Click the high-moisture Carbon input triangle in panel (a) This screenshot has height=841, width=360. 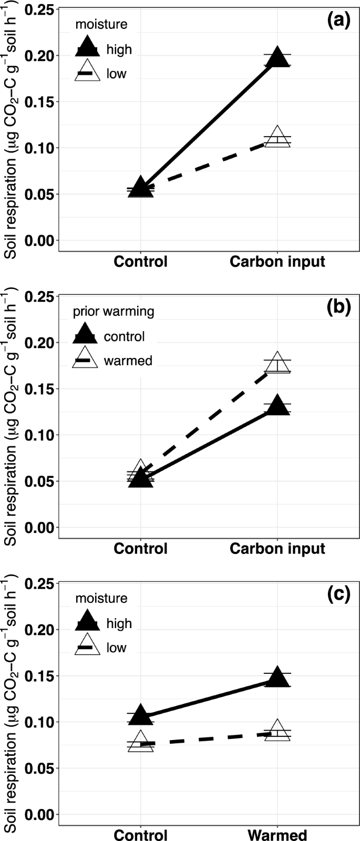click(277, 58)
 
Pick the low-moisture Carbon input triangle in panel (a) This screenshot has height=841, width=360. click(277, 138)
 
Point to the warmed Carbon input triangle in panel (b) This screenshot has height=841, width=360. click(277, 363)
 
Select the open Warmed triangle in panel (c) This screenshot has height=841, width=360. click(277, 731)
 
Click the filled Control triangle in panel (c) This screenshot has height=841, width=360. click(140, 715)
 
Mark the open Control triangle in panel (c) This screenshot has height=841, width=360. click(140, 742)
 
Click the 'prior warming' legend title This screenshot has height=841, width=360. click(114, 311)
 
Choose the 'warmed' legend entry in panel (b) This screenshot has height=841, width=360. click(128, 361)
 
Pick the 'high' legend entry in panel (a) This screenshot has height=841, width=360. click(119, 49)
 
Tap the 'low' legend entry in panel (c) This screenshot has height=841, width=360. click(116, 648)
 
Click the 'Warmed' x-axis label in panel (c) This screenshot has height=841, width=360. click(277, 835)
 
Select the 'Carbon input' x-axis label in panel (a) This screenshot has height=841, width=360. click(277, 261)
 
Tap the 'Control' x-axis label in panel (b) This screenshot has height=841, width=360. click(140, 548)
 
